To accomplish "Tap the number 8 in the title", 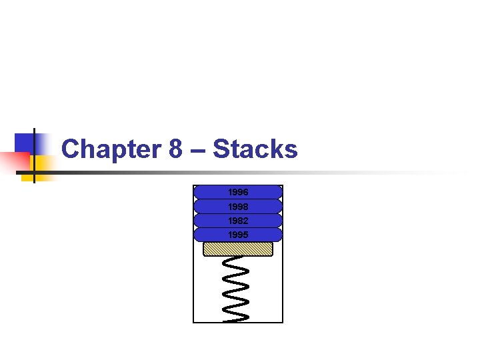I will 176,149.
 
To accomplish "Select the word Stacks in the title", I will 255,149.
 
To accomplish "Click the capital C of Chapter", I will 71,149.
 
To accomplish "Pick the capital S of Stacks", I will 221,149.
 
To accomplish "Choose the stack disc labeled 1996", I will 238,192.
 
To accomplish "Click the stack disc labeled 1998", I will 238,207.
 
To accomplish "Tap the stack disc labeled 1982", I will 238,221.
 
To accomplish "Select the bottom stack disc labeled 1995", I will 238,235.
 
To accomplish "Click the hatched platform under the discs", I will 238,249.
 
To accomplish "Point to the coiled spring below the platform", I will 238,287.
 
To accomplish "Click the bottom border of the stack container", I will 238,322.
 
